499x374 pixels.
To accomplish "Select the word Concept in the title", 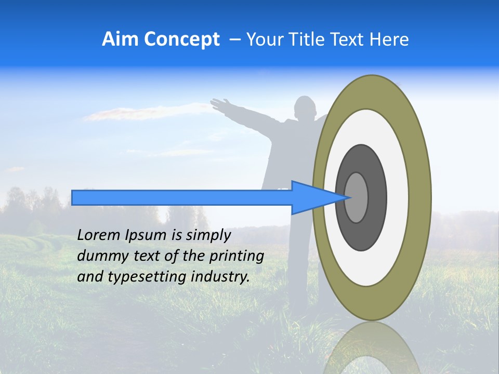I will (x=181, y=39).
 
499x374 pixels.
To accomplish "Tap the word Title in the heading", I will (x=306, y=39).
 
